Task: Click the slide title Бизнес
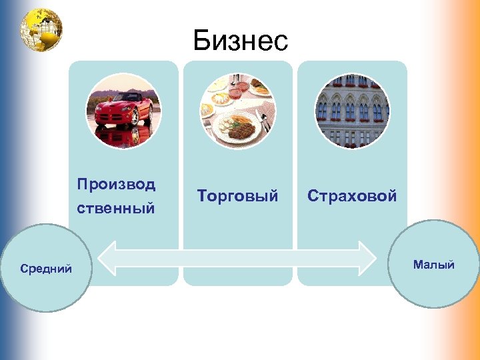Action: click(241, 41)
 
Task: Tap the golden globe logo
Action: click(41, 29)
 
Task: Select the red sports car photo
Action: click(123, 111)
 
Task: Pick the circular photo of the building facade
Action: click(352, 111)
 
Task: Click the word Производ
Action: click(116, 184)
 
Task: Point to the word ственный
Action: click(116, 209)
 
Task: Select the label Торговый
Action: click(238, 196)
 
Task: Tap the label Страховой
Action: click(352, 196)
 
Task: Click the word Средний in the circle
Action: click(46, 269)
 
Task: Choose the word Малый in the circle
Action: click(433, 265)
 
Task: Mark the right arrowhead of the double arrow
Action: click(367, 258)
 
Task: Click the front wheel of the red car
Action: click(136, 117)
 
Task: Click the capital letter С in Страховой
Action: click(312, 196)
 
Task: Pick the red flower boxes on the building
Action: click(352, 85)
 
